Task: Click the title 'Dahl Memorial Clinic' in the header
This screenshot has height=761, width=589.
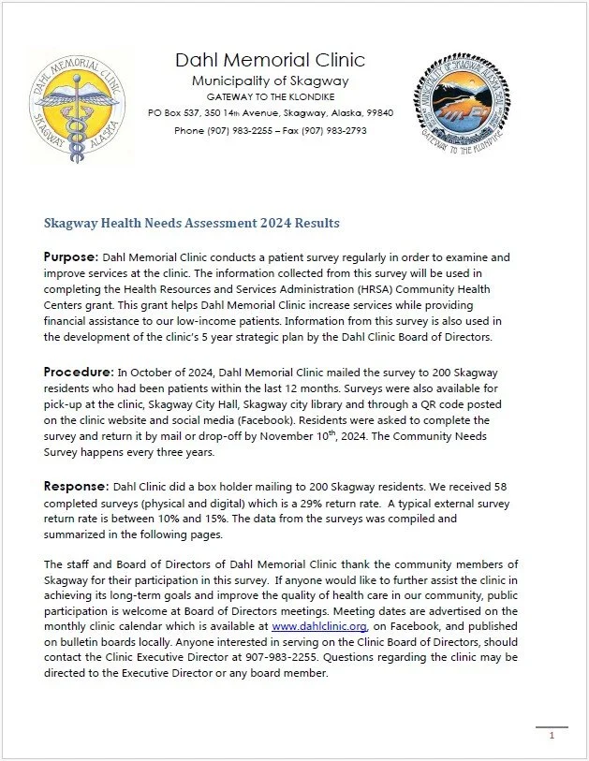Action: [x=270, y=61]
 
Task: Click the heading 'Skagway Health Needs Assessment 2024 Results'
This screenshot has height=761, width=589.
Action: [x=192, y=223]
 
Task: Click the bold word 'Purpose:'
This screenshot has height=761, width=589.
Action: [x=71, y=256]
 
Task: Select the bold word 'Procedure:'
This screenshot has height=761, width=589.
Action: [x=78, y=372]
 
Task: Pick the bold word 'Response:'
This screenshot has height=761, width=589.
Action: [x=77, y=488]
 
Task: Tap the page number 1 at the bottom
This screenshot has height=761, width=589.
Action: [x=552, y=736]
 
